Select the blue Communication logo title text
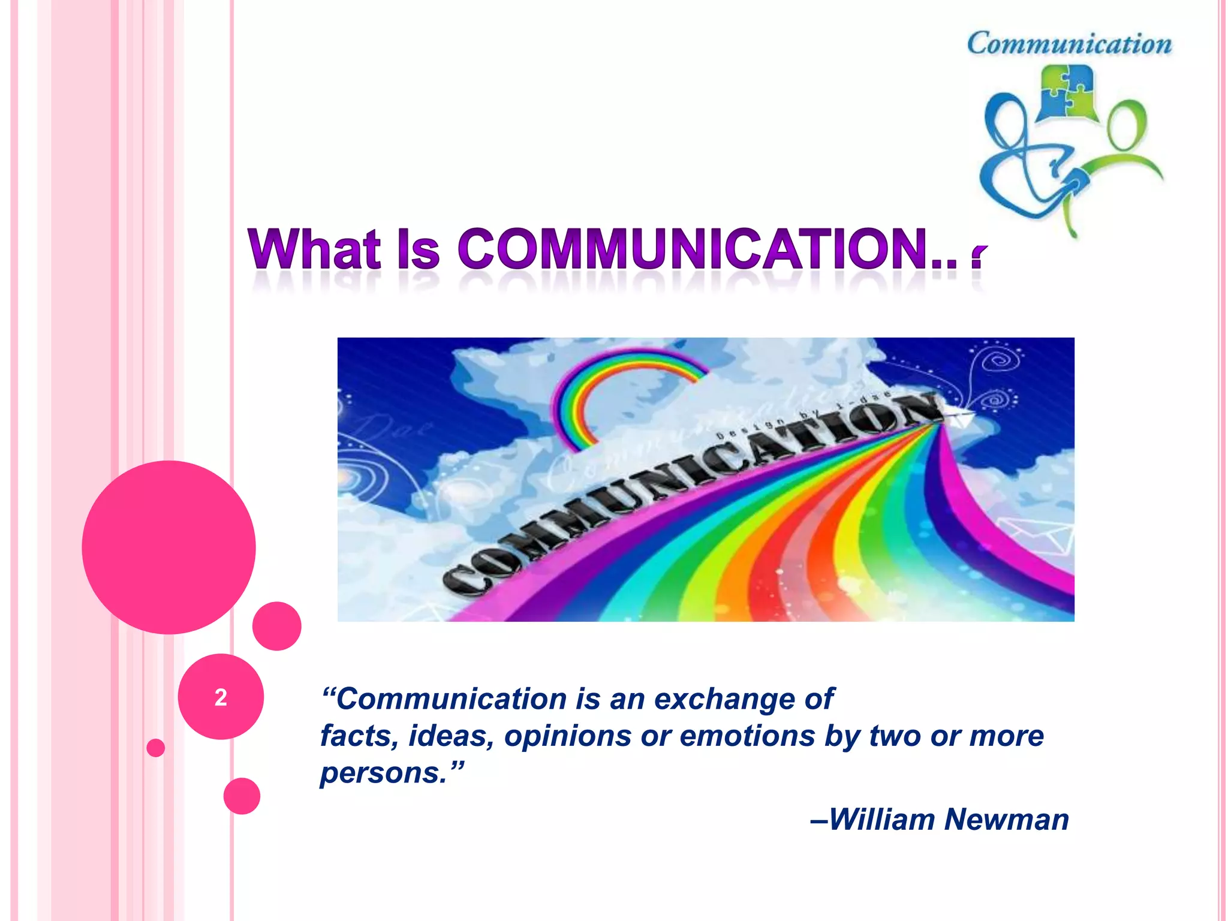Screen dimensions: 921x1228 coord(1069,44)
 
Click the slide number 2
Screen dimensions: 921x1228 coord(221,697)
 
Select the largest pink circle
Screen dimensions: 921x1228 coord(168,547)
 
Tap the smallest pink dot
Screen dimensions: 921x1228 coord(155,748)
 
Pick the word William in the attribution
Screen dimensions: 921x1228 coord(881,819)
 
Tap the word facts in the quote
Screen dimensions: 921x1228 coord(355,736)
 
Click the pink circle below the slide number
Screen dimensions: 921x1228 coord(242,796)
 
